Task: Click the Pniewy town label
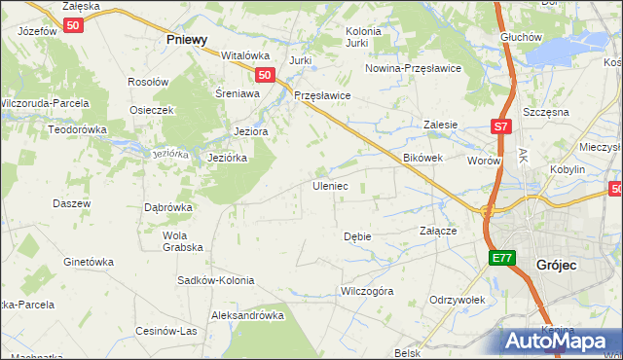pyautogui.click(x=187, y=40)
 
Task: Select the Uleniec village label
pyautogui.click(x=329, y=185)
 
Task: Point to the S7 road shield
pyautogui.click(x=499, y=126)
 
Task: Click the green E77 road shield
pyautogui.click(x=500, y=257)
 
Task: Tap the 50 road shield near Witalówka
pyautogui.click(x=264, y=74)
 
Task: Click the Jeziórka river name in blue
pyautogui.click(x=169, y=153)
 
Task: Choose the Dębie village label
pyautogui.click(x=357, y=236)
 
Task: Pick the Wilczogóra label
pyautogui.click(x=366, y=291)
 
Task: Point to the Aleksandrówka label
pyautogui.click(x=247, y=315)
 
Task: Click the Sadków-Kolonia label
pyautogui.click(x=215, y=280)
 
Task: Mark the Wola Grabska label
pyautogui.click(x=175, y=240)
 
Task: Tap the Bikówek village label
pyautogui.click(x=423, y=157)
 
